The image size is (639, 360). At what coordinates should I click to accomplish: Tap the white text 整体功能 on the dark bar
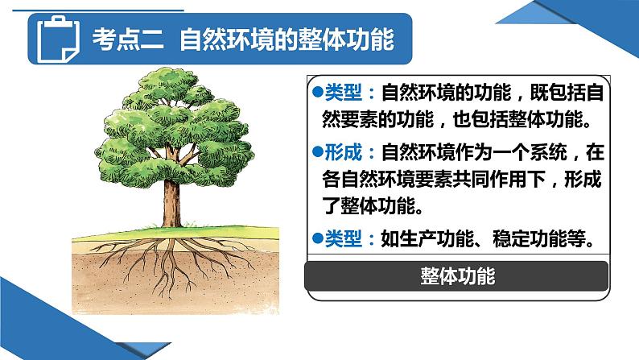pyautogui.click(x=457, y=276)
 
